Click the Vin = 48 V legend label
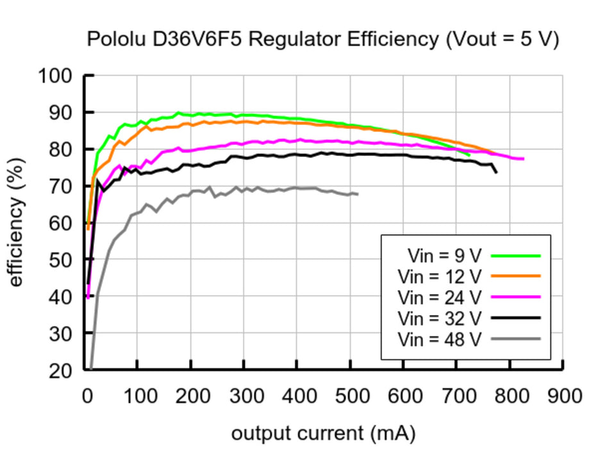439,338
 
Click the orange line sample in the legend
517,276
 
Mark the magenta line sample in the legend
517,296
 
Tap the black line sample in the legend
517,318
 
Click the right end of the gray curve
357,194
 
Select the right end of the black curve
496,173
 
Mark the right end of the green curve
469,155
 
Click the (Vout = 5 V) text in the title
502,39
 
